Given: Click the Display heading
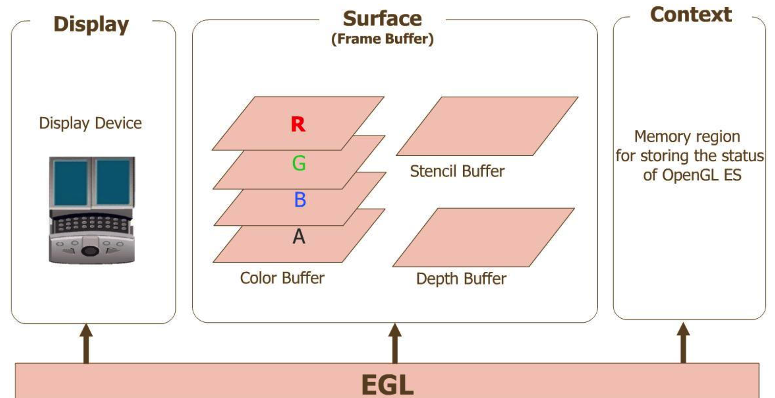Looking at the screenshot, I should [x=91, y=25].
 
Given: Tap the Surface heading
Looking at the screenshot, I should [x=382, y=19].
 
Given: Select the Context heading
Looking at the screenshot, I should [x=690, y=15].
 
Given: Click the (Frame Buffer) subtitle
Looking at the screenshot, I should [x=382, y=39].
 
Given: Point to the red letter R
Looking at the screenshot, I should [x=298, y=124].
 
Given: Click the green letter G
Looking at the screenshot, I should [x=299, y=163].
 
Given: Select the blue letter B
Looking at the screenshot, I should [x=300, y=199].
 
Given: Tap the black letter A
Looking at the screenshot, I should [x=299, y=236].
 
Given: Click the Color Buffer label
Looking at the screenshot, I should [x=282, y=278].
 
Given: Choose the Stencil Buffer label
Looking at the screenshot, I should [x=457, y=171].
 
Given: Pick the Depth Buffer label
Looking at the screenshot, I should [x=461, y=279].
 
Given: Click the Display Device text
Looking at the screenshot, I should [x=90, y=123].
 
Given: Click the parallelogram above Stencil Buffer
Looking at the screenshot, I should [x=487, y=126].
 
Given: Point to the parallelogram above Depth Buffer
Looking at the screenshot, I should [x=484, y=237].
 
